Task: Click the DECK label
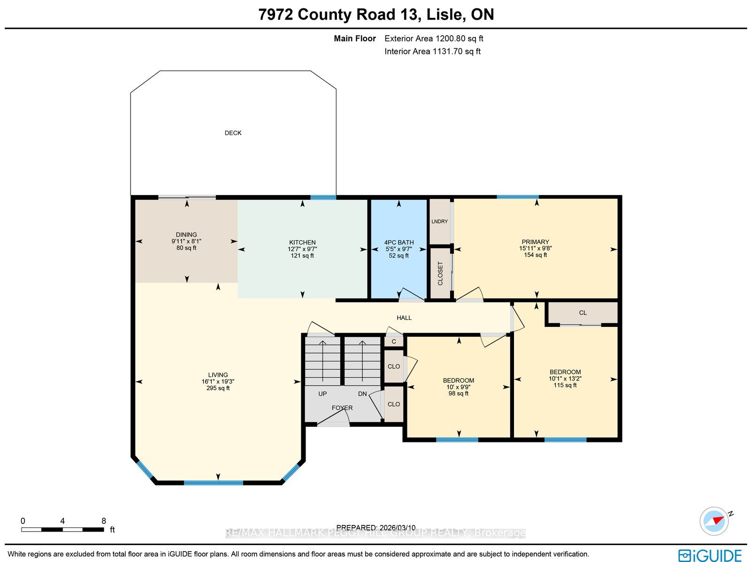233,133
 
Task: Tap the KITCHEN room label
302,243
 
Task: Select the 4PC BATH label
399,243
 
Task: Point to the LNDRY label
440,221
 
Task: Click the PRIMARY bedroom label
536,242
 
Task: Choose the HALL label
404,318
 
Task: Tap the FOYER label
342,408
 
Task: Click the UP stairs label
322,394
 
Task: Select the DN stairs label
363,394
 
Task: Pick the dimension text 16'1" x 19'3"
218,381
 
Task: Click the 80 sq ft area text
186,248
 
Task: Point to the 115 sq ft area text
565,385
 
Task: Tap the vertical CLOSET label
440,273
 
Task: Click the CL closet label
583,313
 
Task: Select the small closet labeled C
394,342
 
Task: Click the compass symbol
714,521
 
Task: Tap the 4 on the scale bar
62,521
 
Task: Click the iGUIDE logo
710,555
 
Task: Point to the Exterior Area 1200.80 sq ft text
434,38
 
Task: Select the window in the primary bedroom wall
518,197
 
